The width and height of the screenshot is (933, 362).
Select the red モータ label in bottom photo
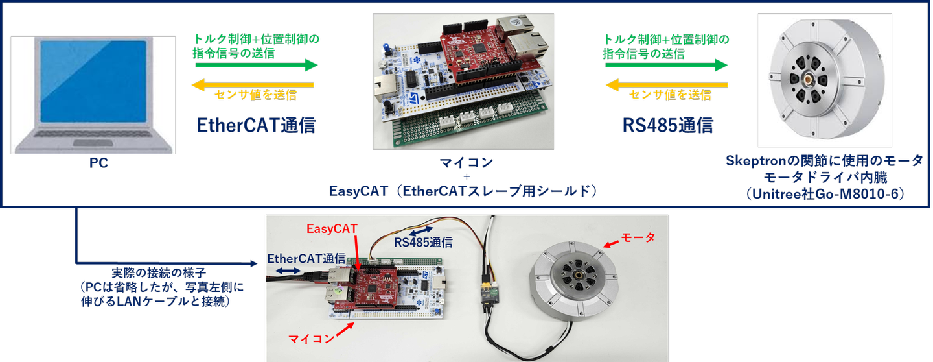point(638,237)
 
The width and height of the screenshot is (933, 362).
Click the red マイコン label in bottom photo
point(312,339)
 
